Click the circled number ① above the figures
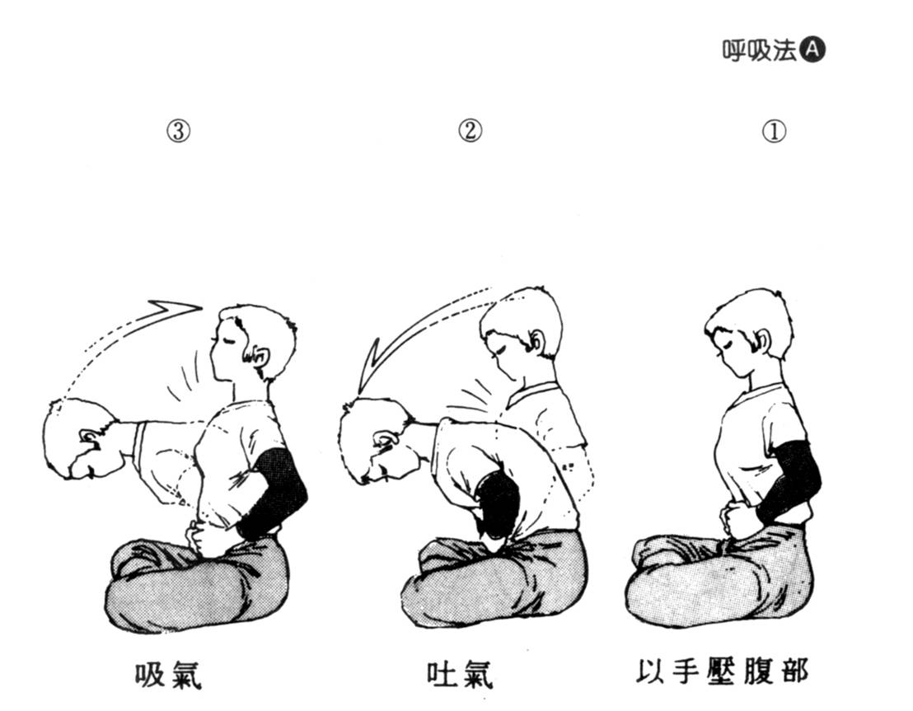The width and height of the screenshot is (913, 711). (x=774, y=131)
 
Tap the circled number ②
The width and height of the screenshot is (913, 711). (x=470, y=130)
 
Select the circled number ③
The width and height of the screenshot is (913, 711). (x=179, y=131)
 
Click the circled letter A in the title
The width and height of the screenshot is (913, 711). (x=812, y=50)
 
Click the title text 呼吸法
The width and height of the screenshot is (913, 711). (x=759, y=50)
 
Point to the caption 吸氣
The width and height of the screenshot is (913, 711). (x=168, y=674)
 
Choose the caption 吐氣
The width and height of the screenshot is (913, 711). (x=460, y=674)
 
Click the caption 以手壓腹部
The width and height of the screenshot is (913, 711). (x=722, y=671)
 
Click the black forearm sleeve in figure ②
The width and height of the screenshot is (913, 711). (x=498, y=504)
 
